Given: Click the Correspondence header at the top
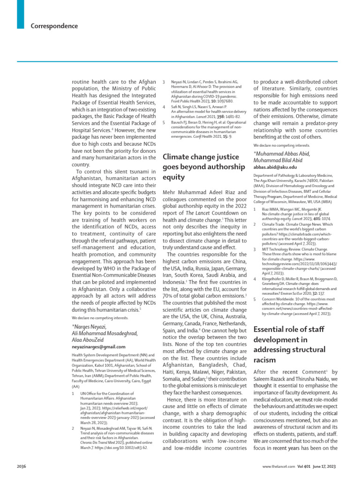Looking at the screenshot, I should click(54, 26).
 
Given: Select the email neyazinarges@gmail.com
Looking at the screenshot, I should click(98, 347).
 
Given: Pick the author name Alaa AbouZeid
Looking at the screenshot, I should click(89, 339).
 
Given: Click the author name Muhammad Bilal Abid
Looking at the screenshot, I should click(278, 160).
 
